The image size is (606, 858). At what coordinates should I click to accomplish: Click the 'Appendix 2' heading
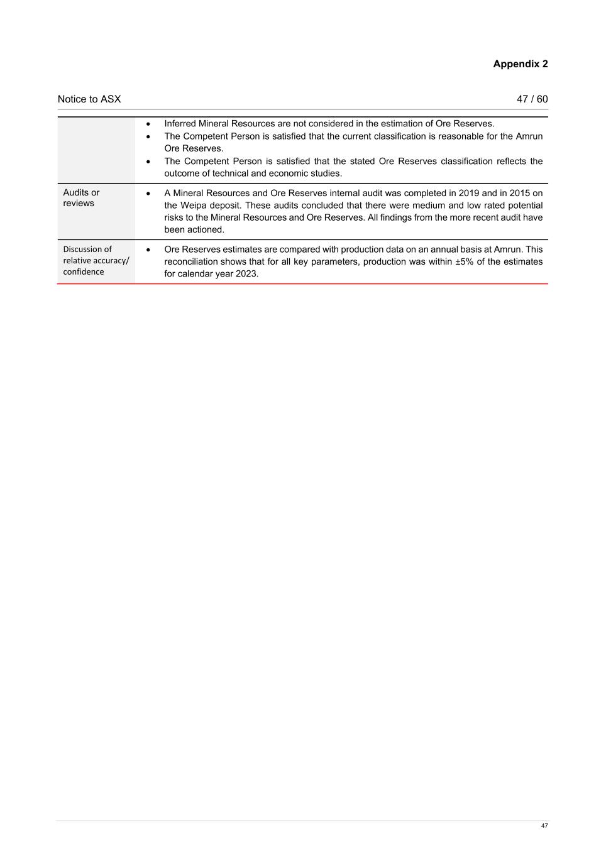coord(520,64)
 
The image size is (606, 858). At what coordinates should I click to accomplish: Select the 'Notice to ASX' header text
coord(89,99)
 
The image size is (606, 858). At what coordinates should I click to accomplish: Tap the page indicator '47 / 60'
coord(532,99)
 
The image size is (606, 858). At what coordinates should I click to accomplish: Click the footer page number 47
coord(544,825)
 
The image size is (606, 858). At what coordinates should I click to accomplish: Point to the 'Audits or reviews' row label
coord(81,198)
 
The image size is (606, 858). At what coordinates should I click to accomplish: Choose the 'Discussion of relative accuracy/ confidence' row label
coord(96,261)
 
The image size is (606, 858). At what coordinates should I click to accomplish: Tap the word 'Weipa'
coord(194,206)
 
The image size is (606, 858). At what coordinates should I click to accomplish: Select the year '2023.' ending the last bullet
coord(247,274)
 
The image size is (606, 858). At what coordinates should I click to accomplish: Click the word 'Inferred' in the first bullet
coord(180,124)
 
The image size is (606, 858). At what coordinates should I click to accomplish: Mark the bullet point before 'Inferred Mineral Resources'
coord(148,124)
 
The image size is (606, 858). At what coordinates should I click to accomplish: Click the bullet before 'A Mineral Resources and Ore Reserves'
coord(148,193)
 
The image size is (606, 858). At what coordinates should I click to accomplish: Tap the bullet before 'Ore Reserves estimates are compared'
coord(148,250)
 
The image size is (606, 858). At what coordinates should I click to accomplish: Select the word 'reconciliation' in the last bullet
coord(191,261)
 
